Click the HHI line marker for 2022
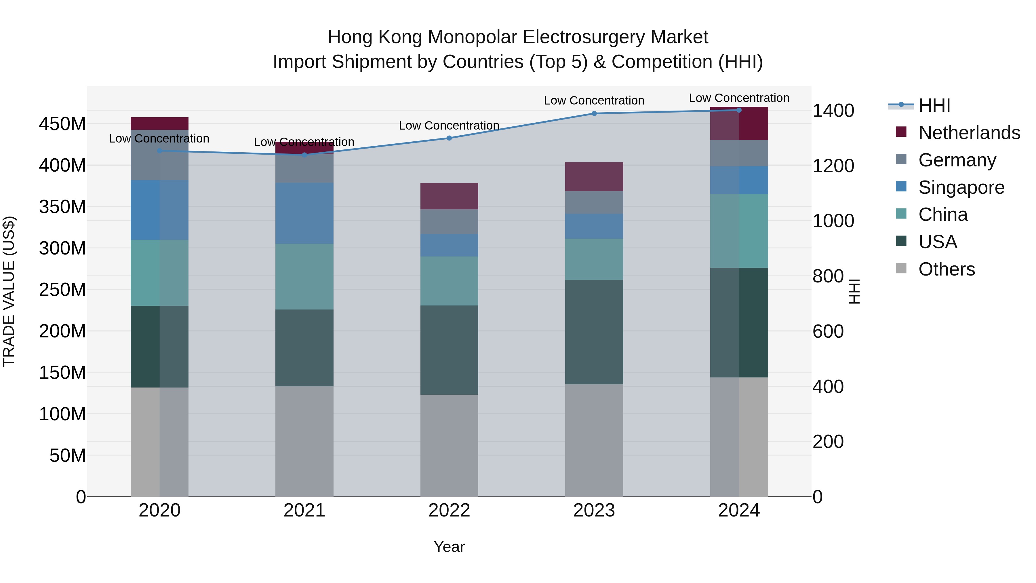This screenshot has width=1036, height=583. click(449, 138)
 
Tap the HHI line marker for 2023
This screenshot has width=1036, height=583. click(594, 113)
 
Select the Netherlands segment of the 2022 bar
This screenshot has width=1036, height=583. click(449, 196)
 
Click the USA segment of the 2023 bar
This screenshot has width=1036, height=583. click(594, 332)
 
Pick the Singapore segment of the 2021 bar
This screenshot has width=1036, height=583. click(304, 213)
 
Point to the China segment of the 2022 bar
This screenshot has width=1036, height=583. click(449, 281)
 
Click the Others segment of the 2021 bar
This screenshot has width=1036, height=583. click(304, 441)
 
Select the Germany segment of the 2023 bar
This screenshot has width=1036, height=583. click(594, 202)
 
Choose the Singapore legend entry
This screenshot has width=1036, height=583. click(961, 187)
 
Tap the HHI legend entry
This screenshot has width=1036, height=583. click(934, 105)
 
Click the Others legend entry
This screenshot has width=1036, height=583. click(946, 269)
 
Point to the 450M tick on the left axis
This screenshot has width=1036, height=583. click(62, 124)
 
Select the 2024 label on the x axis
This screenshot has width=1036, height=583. click(739, 510)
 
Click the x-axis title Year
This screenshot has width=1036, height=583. click(449, 547)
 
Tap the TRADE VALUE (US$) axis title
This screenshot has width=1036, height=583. click(9, 291)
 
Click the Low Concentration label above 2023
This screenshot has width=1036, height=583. click(594, 100)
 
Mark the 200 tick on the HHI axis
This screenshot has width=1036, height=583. click(828, 442)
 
